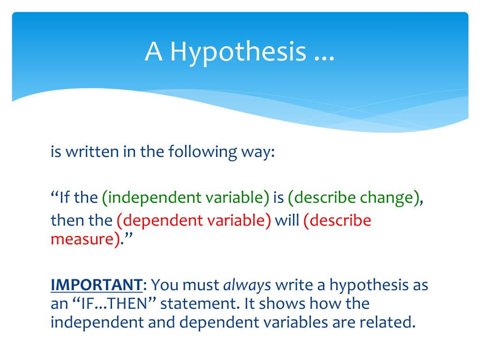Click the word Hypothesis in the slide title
(238, 52)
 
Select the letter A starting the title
(153, 52)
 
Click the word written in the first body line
(92, 151)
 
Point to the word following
(202, 152)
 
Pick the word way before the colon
(255, 154)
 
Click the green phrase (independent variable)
(186, 197)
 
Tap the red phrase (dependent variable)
(194, 220)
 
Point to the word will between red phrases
(287, 220)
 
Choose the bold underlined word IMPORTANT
(97, 285)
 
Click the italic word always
(247, 285)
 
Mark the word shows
(282, 304)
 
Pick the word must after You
(201, 285)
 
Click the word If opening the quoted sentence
(65, 197)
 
